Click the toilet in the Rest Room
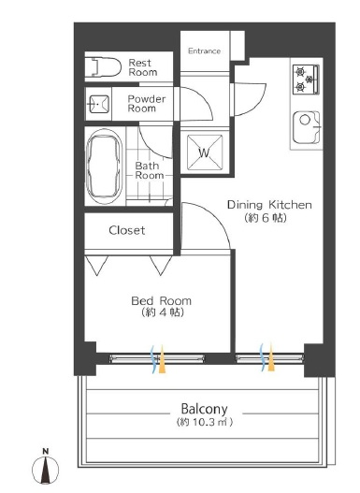coord(107,67)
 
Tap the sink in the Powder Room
coord(99,104)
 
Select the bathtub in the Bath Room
coord(104,166)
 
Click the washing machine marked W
coord(205,153)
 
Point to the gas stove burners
coord(306,79)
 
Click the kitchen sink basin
coord(307,127)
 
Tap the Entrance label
coord(205,51)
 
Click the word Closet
coord(127,230)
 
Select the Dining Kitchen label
coord(269,205)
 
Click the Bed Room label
coord(161,300)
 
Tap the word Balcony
coord(205,409)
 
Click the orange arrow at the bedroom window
coord(162,359)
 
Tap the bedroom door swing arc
coord(217,217)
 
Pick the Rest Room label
coord(143,67)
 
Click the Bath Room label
coord(150,170)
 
